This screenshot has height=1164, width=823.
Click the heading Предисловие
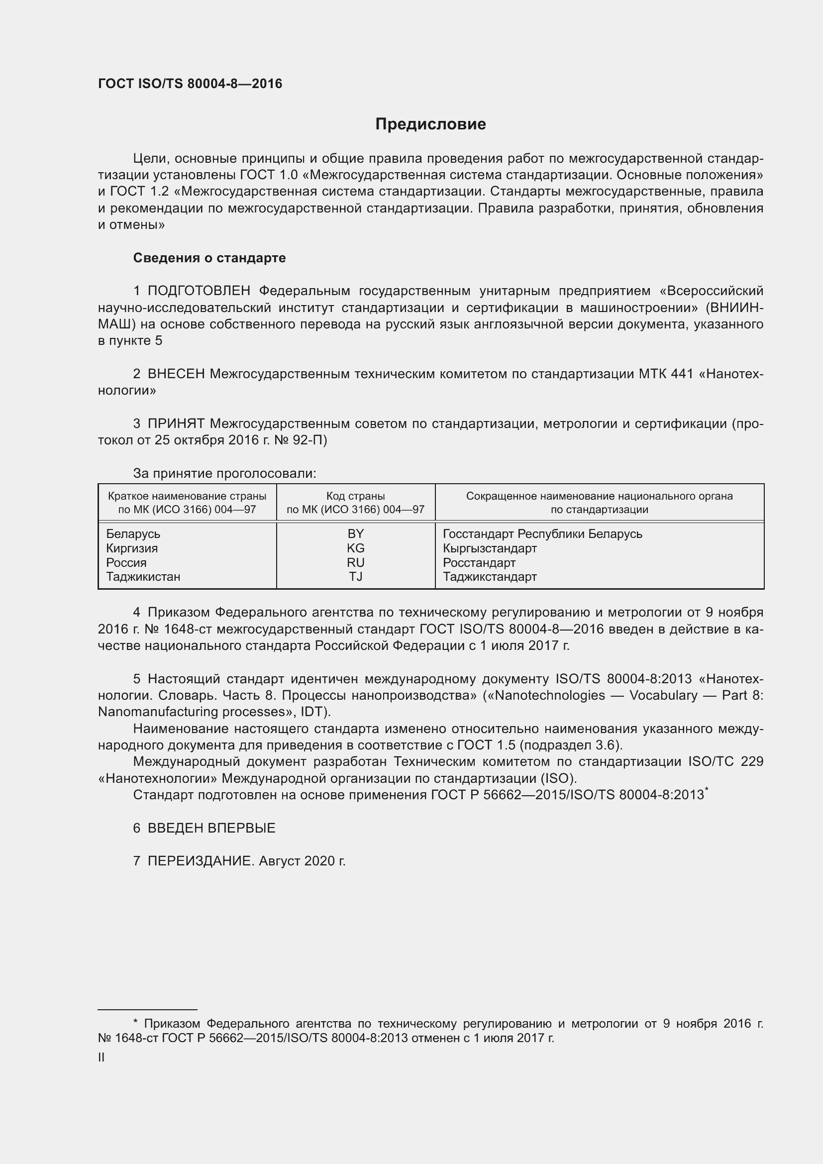click(x=430, y=124)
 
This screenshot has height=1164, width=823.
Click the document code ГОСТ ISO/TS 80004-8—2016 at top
click(x=190, y=84)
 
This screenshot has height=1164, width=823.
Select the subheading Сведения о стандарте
click(x=209, y=258)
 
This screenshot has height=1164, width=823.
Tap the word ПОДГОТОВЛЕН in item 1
click(x=199, y=291)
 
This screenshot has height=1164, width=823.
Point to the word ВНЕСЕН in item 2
click(x=176, y=374)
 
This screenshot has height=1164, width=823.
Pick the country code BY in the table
click(x=356, y=534)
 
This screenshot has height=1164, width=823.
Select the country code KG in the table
click(x=356, y=548)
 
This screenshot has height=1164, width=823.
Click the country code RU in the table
click(x=356, y=563)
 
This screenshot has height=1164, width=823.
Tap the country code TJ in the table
click(x=356, y=577)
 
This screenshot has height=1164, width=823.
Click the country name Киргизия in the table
click(x=132, y=548)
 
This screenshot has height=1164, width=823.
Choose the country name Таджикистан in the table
click(x=143, y=577)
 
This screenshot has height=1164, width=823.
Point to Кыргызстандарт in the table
click(x=490, y=548)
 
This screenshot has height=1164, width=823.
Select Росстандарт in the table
click(x=479, y=563)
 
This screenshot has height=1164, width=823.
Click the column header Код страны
click(x=355, y=496)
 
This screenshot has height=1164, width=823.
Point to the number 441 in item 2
click(x=682, y=374)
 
